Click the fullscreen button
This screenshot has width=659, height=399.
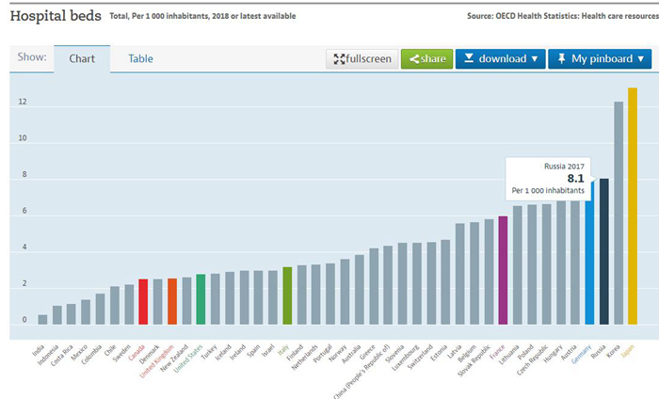(362, 58)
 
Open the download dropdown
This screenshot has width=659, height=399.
(500, 58)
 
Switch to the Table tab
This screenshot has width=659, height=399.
(140, 58)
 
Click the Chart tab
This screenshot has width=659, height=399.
(81, 58)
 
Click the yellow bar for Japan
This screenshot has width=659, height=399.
(633, 207)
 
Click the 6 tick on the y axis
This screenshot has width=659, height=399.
(23, 213)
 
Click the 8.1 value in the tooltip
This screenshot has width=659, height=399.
(575, 178)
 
